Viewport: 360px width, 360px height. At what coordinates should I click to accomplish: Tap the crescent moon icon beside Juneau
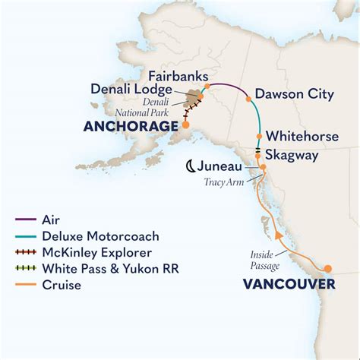click(x=192, y=166)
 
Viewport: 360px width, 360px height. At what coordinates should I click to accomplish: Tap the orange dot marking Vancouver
click(x=329, y=268)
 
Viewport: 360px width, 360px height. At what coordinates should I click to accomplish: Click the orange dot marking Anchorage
click(x=185, y=124)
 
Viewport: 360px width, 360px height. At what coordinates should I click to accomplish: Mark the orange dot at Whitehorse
click(x=260, y=136)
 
